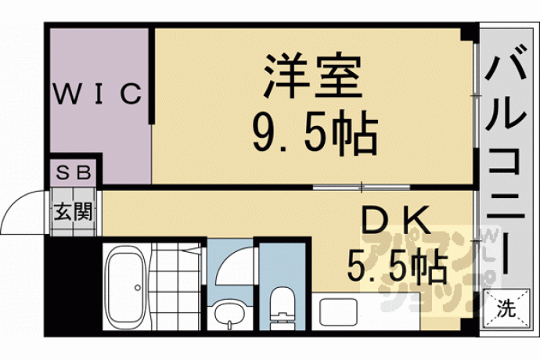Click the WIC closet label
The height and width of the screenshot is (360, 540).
[x=98, y=93]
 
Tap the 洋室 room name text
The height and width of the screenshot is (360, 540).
[x=313, y=75]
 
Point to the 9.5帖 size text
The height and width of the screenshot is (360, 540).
[x=315, y=132]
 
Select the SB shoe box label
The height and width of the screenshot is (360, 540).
[x=74, y=172]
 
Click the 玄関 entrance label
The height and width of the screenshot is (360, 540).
[x=74, y=211]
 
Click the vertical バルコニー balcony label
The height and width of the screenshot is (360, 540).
[x=506, y=164]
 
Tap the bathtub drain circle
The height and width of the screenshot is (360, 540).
[x=138, y=288]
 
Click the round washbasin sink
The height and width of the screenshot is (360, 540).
[x=229, y=314]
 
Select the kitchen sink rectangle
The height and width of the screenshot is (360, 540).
[x=339, y=312]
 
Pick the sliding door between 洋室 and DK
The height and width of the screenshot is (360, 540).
[x=362, y=187]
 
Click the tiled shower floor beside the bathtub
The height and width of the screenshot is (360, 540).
[x=175, y=286]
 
